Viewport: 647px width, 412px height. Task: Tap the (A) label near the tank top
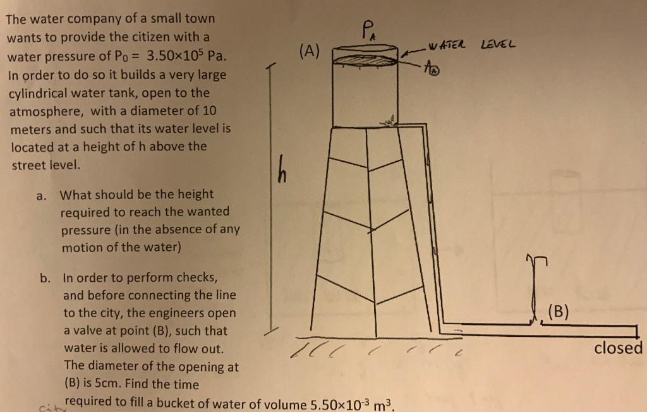[x=310, y=51]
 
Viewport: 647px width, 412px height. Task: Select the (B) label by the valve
[x=558, y=310]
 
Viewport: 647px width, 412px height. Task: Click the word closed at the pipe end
[x=618, y=348]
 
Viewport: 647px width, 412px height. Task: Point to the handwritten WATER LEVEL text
[x=471, y=45]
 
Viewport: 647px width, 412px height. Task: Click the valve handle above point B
[x=533, y=259]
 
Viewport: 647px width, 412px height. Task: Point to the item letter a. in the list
[x=40, y=195]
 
